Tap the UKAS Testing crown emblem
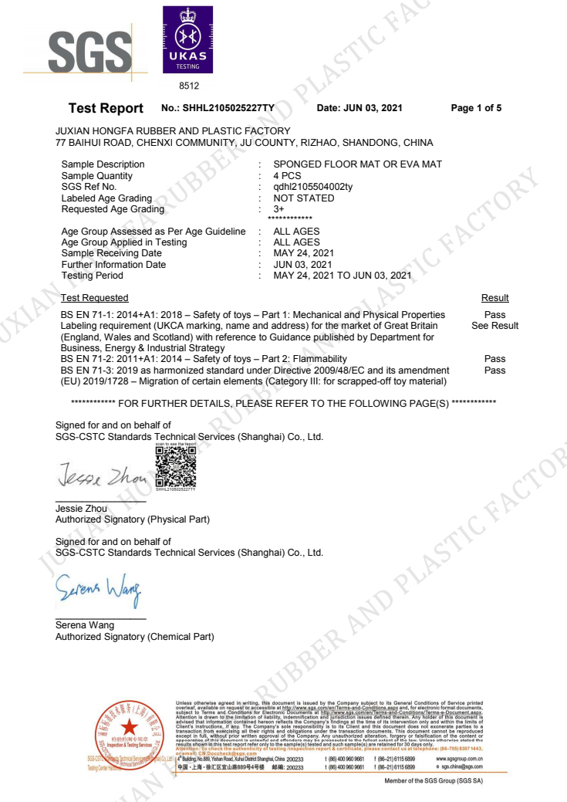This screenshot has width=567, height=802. point(187,39)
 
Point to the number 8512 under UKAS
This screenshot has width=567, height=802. point(189,86)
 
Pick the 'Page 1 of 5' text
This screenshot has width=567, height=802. point(476,108)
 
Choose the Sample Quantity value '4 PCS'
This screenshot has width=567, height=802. point(287,176)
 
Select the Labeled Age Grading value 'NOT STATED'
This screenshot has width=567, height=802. point(304,198)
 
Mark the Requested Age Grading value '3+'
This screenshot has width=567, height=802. point(279,209)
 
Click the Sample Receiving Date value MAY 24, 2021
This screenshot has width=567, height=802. point(304,253)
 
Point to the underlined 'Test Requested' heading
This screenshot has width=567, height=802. point(95,298)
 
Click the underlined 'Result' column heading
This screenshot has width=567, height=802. point(494,298)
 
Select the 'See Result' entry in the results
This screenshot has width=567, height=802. point(494,326)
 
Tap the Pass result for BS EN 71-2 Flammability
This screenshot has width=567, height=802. point(494,359)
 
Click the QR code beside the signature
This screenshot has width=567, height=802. point(175,466)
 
